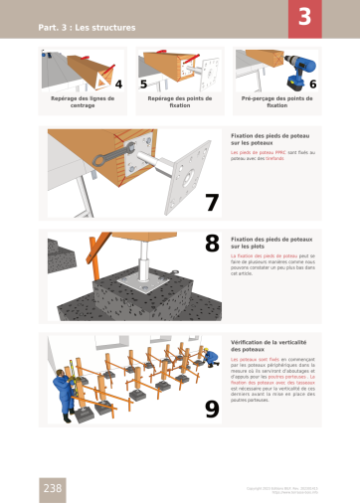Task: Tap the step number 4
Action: point(119,84)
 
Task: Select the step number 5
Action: point(143,84)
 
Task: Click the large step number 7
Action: point(212,202)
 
